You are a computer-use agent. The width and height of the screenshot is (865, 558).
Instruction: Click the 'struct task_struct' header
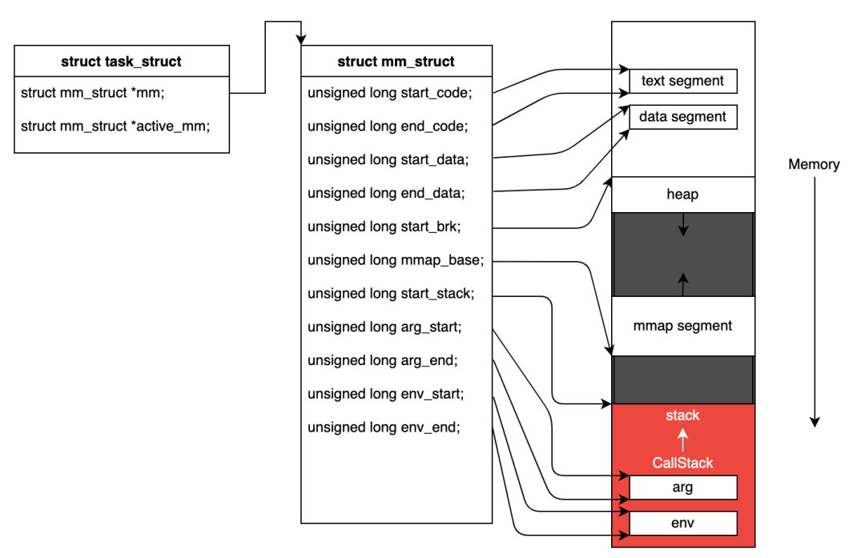tap(122, 61)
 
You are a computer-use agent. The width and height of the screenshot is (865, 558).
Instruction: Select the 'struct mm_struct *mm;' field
tap(93, 93)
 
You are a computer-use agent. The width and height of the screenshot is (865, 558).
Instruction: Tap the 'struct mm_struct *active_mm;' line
tap(115, 126)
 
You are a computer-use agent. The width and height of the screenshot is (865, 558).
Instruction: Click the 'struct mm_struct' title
tap(396, 61)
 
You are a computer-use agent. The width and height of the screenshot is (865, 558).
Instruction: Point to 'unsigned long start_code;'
tap(390, 93)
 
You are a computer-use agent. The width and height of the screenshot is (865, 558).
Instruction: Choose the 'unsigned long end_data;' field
tap(386, 193)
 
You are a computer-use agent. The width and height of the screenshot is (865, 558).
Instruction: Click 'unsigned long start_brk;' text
tap(384, 227)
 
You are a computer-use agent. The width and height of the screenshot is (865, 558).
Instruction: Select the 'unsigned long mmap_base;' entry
tap(396, 259)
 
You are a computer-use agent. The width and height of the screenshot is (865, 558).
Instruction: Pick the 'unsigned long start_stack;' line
tap(391, 293)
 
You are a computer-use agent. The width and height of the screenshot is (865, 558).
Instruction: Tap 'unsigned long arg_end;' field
tap(383, 360)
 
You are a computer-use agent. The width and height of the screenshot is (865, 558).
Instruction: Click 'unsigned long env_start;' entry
tap(385, 394)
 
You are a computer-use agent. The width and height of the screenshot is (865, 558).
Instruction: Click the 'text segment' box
tap(683, 81)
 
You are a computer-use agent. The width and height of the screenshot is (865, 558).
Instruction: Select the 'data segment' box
tap(683, 117)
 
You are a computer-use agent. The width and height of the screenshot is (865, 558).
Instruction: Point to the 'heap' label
tap(683, 194)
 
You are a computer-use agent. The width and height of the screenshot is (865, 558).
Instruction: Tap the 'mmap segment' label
tap(683, 326)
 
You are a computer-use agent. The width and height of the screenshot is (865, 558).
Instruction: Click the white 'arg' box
tap(683, 488)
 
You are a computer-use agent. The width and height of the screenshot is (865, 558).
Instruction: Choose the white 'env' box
tap(683, 524)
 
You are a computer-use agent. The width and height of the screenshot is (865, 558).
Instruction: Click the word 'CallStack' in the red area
tap(683, 463)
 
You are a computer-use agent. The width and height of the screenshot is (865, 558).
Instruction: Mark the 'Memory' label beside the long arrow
tap(814, 164)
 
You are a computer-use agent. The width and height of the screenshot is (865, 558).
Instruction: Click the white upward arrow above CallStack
tap(683, 440)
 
